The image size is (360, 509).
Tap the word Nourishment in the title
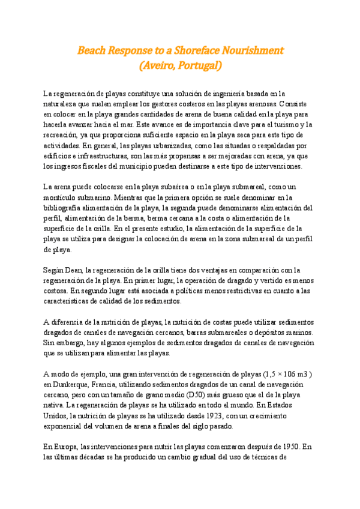point(253,50)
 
